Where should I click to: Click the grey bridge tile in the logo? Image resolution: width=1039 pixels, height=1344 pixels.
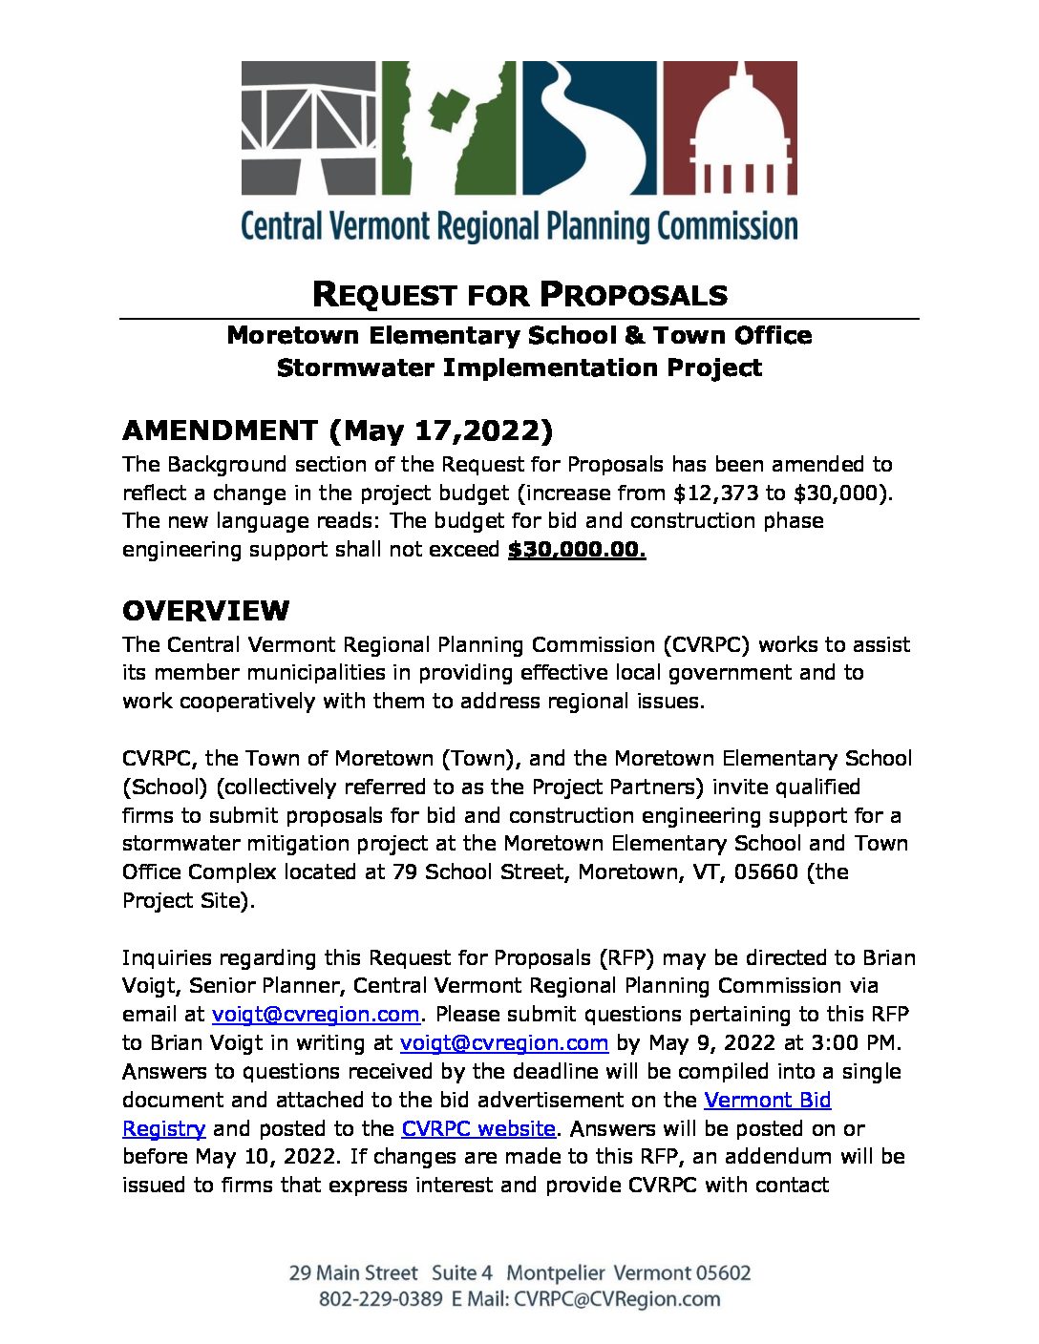309,128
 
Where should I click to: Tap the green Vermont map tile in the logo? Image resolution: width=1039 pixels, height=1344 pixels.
449,128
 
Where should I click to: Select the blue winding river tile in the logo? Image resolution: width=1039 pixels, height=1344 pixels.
588,128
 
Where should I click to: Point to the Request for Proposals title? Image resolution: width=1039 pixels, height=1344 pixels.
519,295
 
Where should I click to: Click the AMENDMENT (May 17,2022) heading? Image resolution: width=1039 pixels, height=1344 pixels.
337,430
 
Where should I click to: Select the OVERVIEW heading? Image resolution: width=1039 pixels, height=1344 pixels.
205,611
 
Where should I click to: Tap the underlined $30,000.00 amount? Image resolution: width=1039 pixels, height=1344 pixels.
577,550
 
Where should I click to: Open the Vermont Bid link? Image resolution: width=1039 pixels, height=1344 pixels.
767,1100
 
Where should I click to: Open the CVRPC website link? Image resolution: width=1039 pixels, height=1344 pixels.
478,1128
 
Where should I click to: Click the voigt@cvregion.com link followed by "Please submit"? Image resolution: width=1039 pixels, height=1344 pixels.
315,1014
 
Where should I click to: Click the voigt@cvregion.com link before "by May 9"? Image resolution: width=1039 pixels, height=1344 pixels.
504,1042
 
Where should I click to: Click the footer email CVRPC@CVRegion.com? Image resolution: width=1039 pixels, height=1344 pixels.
617,1299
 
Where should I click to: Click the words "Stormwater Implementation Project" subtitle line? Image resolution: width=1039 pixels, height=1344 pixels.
519,367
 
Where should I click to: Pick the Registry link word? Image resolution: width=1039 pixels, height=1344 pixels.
163,1128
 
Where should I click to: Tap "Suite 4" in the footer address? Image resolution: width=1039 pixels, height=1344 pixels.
462,1273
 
